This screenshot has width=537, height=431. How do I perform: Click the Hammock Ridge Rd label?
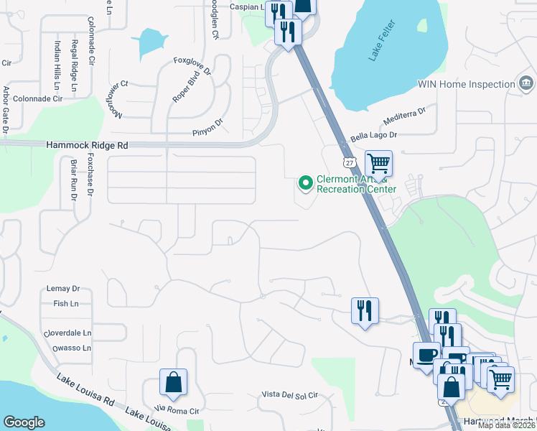tap(87, 144)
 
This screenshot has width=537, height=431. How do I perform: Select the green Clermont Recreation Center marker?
tap(306, 184)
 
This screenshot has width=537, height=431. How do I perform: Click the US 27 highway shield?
tap(348, 163)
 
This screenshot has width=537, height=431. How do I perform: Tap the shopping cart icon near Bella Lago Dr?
tap(378, 164)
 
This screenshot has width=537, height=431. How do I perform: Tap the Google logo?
tap(24, 422)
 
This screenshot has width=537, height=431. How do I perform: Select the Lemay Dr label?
tap(63, 289)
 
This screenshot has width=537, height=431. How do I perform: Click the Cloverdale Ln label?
tap(67, 333)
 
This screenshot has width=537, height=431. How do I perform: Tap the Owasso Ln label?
tap(71, 348)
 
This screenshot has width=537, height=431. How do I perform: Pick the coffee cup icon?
tap(426, 355)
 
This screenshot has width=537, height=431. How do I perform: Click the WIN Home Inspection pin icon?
tap(526, 84)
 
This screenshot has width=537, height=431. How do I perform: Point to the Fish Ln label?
tap(65, 304)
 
